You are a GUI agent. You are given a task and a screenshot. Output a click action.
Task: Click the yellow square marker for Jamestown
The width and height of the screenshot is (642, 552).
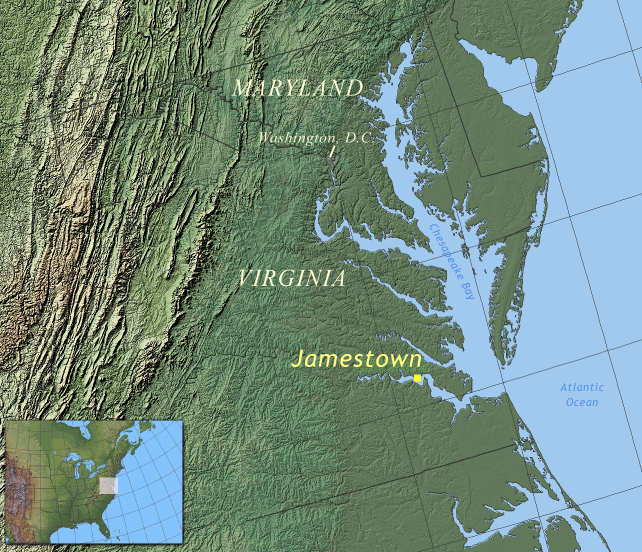417,378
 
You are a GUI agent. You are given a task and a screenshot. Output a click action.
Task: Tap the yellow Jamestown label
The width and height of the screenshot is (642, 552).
357,359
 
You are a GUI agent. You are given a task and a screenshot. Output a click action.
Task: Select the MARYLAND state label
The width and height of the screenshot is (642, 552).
297,88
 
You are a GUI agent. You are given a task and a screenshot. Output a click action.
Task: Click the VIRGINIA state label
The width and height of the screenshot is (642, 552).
291,278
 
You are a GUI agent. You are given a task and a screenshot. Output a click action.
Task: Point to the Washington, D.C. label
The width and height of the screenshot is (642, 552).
315,138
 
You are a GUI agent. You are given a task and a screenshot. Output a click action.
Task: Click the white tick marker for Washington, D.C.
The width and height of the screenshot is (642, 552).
332,151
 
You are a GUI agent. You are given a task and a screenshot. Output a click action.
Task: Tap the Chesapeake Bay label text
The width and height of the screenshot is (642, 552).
452,261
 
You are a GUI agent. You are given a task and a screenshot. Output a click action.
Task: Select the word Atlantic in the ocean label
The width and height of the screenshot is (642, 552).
582,387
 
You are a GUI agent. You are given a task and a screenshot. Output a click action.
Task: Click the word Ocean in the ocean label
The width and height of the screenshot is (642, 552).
581,402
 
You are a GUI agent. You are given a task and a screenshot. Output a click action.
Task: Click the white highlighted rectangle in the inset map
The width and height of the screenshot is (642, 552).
108,485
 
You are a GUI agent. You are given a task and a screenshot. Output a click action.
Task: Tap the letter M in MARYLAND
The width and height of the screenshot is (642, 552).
242,88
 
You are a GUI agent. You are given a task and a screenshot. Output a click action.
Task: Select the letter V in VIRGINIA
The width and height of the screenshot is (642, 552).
245,278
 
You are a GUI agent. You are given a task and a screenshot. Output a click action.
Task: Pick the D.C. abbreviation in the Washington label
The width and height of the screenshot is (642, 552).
359,138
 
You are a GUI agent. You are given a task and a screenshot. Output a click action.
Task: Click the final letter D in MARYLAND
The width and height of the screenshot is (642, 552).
354,88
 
